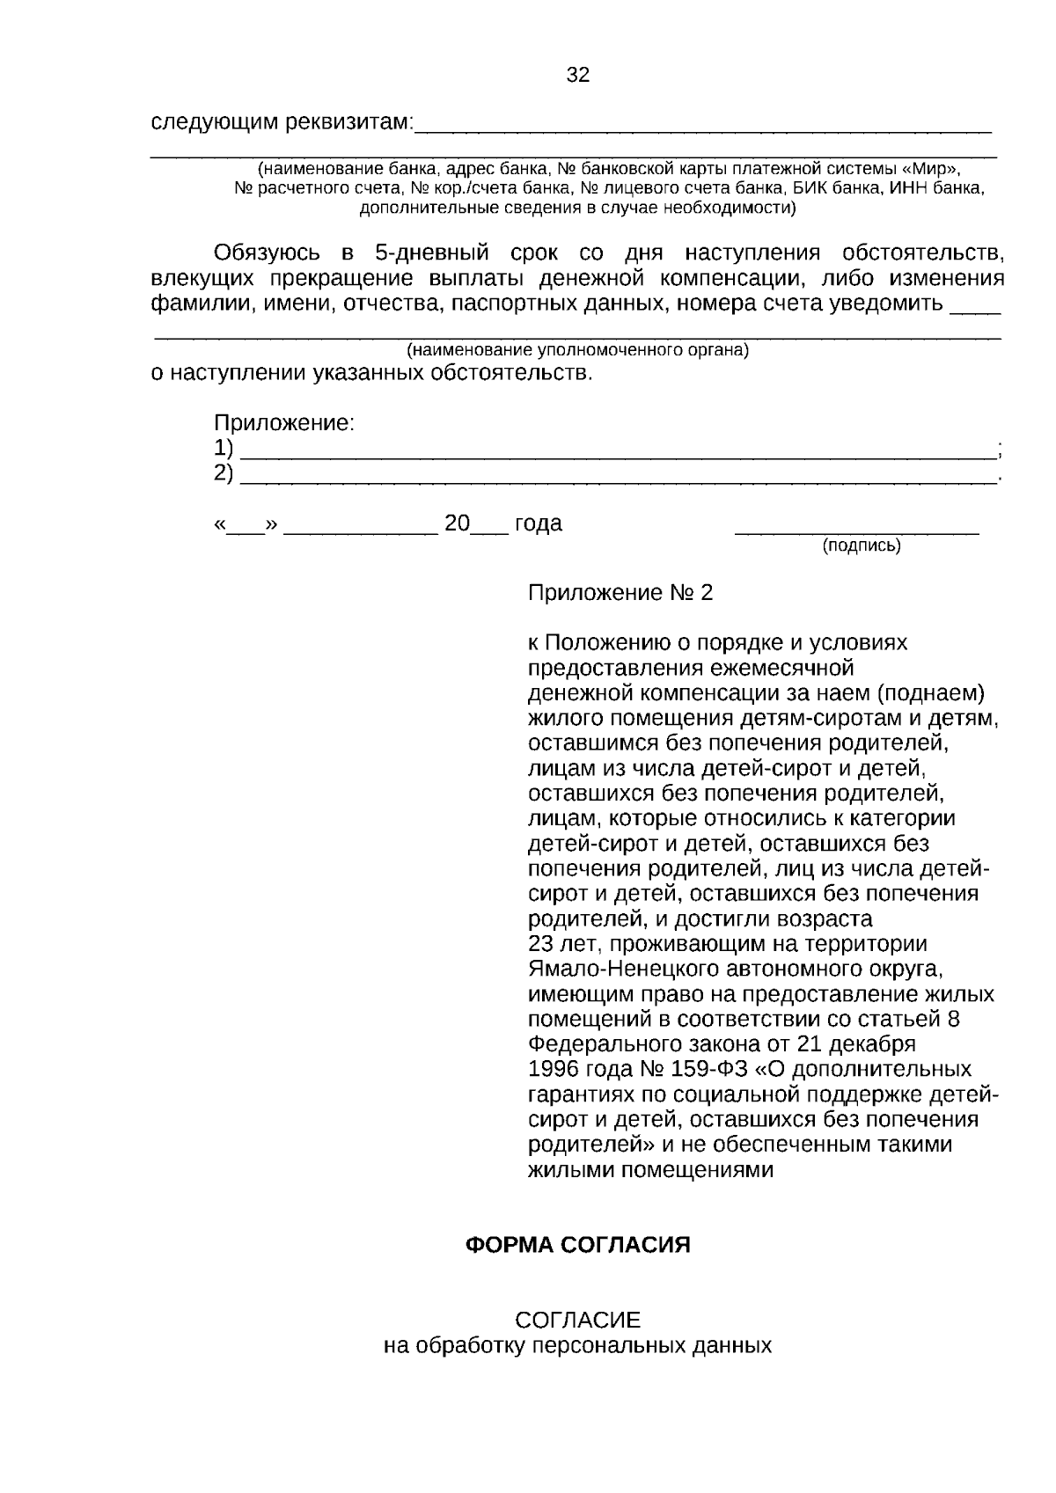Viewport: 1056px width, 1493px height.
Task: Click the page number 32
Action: click(x=577, y=76)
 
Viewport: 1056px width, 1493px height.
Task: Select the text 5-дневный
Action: click(x=431, y=254)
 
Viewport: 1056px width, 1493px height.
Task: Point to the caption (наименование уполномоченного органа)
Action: click(x=577, y=350)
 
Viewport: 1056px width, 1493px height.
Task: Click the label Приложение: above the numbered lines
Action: click(x=284, y=423)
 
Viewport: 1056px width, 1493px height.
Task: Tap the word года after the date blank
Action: click(x=538, y=524)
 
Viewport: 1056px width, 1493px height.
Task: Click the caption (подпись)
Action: click(x=862, y=546)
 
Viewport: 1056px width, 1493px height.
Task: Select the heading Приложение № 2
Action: click(x=620, y=593)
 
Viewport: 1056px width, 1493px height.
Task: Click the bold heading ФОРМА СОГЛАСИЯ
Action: click(x=577, y=1246)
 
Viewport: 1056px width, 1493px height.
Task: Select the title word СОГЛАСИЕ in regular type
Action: click(x=577, y=1321)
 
